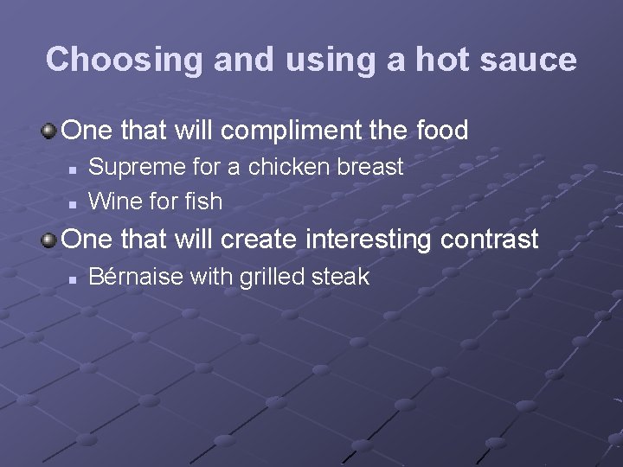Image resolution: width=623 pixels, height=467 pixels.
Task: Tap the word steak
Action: click(343, 277)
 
